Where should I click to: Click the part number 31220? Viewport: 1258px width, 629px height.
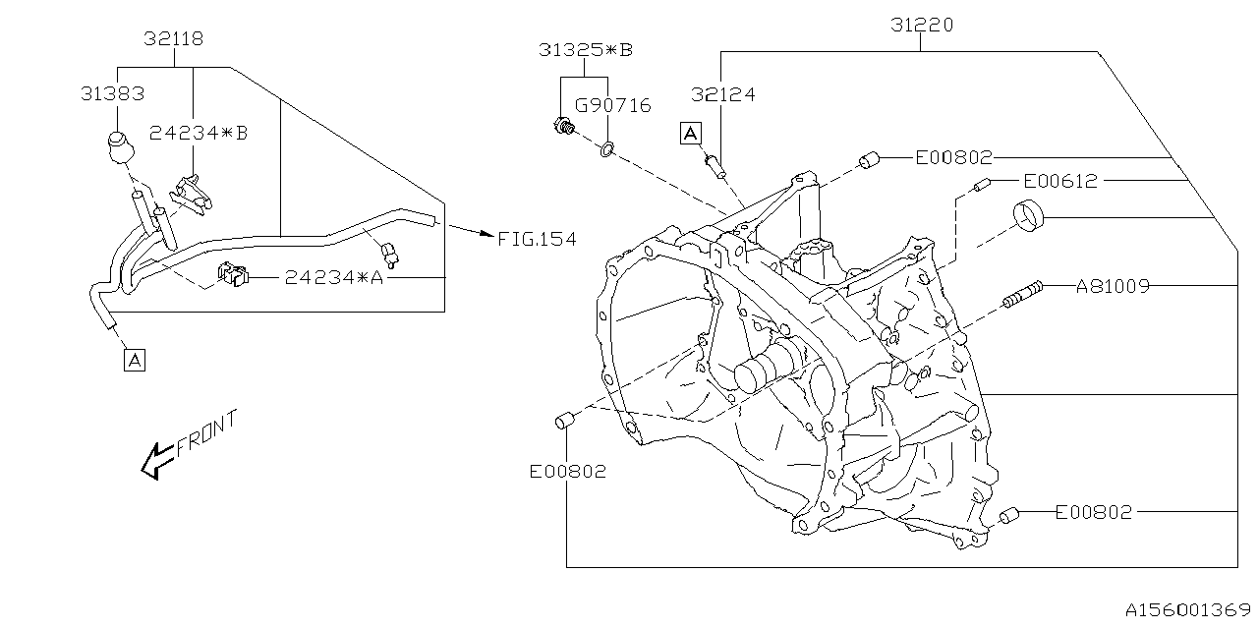(x=921, y=26)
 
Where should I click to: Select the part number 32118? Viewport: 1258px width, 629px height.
(x=174, y=39)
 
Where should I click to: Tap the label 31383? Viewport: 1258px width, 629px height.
(x=112, y=94)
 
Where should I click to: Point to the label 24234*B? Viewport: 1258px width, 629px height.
(x=199, y=132)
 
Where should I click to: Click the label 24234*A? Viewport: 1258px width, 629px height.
(x=333, y=278)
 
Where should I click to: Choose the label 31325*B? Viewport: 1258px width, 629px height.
(x=586, y=49)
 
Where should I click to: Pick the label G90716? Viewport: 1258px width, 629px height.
(x=613, y=105)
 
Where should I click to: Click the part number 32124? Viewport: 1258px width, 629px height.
(x=722, y=95)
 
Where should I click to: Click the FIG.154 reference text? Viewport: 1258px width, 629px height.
(x=537, y=239)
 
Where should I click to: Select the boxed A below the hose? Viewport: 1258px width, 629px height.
(x=135, y=360)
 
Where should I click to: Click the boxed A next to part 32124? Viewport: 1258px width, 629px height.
(x=691, y=134)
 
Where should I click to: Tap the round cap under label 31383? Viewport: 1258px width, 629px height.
(x=119, y=147)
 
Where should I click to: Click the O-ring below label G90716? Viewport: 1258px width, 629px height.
(x=607, y=149)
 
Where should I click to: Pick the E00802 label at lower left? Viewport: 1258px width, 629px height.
(x=567, y=472)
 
